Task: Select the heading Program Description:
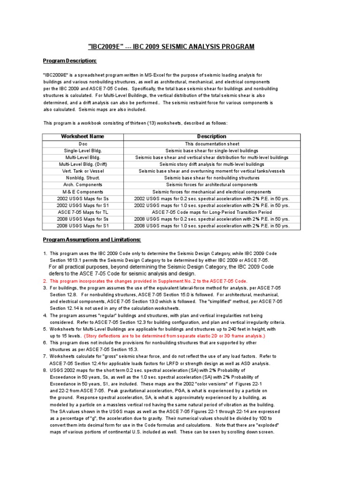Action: coord(70,61)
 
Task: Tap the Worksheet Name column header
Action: coord(83,136)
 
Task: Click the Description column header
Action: coord(211,136)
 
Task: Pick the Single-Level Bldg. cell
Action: coord(83,150)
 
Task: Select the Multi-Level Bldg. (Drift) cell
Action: coord(83,165)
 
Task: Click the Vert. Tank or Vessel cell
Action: coord(83,171)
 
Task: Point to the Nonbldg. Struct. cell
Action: coord(83,178)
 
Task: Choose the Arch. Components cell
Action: coord(83,185)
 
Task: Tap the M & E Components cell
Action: coord(83,192)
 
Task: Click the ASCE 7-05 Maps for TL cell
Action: coord(83,212)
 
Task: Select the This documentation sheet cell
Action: coord(211,144)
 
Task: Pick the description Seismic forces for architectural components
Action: coord(211,185)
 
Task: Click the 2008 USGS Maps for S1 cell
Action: coord(83,225)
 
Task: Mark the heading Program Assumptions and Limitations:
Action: coord(92,240)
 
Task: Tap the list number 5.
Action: coord(45,329)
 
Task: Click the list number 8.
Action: coord(45,370)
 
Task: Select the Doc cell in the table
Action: coord(83,144)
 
